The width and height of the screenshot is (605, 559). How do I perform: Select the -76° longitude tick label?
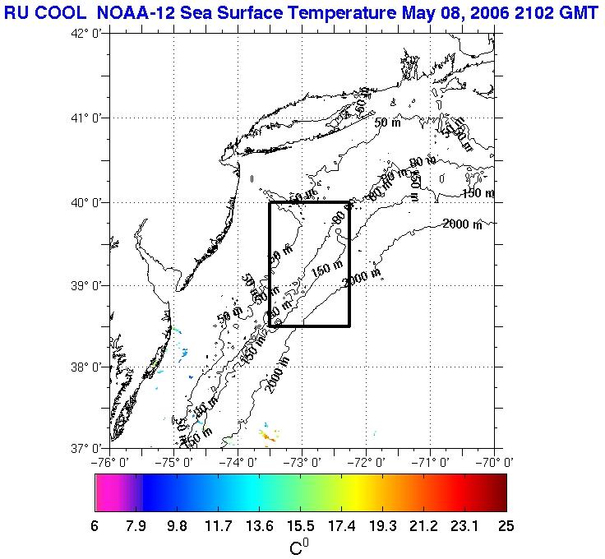pos(112,461)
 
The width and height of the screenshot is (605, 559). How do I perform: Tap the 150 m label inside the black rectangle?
pos(326,267)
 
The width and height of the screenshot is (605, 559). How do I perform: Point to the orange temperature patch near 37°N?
pos(268,433)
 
